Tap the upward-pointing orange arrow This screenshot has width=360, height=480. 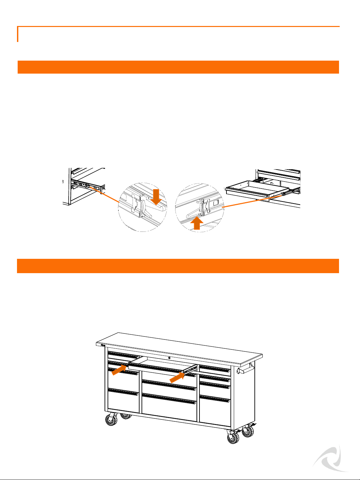pyautogui.click(x=197, y=223)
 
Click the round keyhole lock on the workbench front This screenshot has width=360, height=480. pyautogui.click(x=169, y=358)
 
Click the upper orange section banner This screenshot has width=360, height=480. pyautogui.click(x=178, y=67)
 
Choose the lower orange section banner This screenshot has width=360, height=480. pyautogui.click(x=178, y=266)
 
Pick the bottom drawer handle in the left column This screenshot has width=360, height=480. pyautogui.click(x=123, y=392)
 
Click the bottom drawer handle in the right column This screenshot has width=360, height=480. pyautogui.click(x=215, y=399)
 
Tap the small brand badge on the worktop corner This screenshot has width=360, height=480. pyautogui.click(x=102, y=345)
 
